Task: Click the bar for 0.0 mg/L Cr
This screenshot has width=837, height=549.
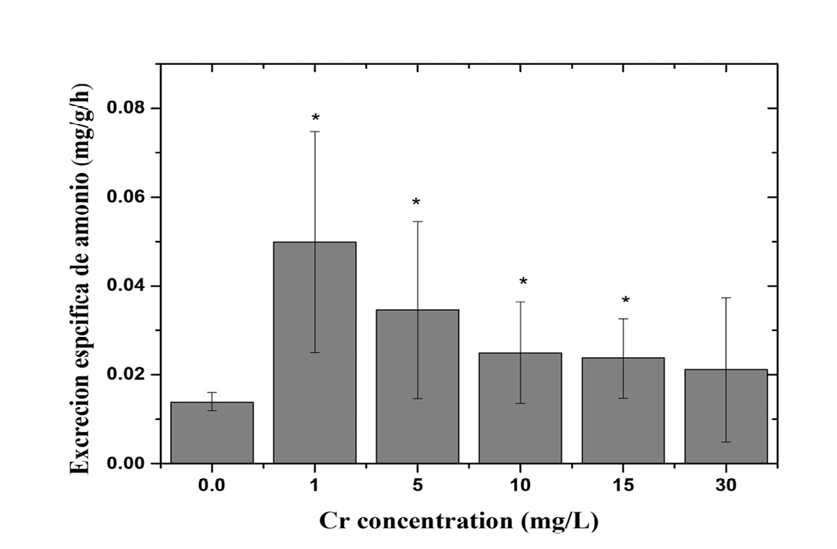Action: pyautogui.click(x=212, y=432)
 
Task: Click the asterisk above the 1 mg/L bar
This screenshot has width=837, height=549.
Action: pyautogui.click(x=315, y=118)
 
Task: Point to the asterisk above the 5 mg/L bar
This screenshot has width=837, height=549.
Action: pyautogui.click(x=416, y=202)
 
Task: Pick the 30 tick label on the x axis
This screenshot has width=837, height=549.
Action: pyautogui.click(x=726, y=486)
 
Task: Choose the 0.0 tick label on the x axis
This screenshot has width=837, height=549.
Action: pyautogui.click(x=212, y=486)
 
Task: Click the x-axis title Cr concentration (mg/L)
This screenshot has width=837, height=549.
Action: pyautogui.click(x=459, y=521)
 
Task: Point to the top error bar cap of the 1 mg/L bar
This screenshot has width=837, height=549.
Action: pyautogui.click(x=315, y=131)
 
